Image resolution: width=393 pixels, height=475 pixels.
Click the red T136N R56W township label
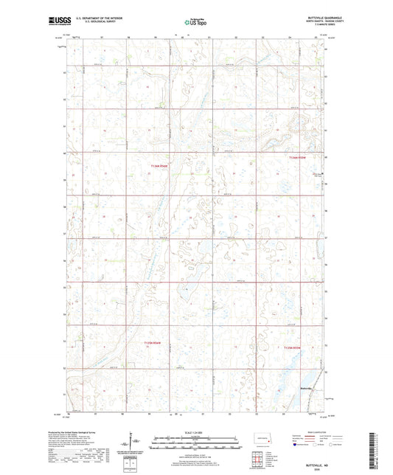point(159,166)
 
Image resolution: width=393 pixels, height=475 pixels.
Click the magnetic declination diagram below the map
point(135,444)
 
